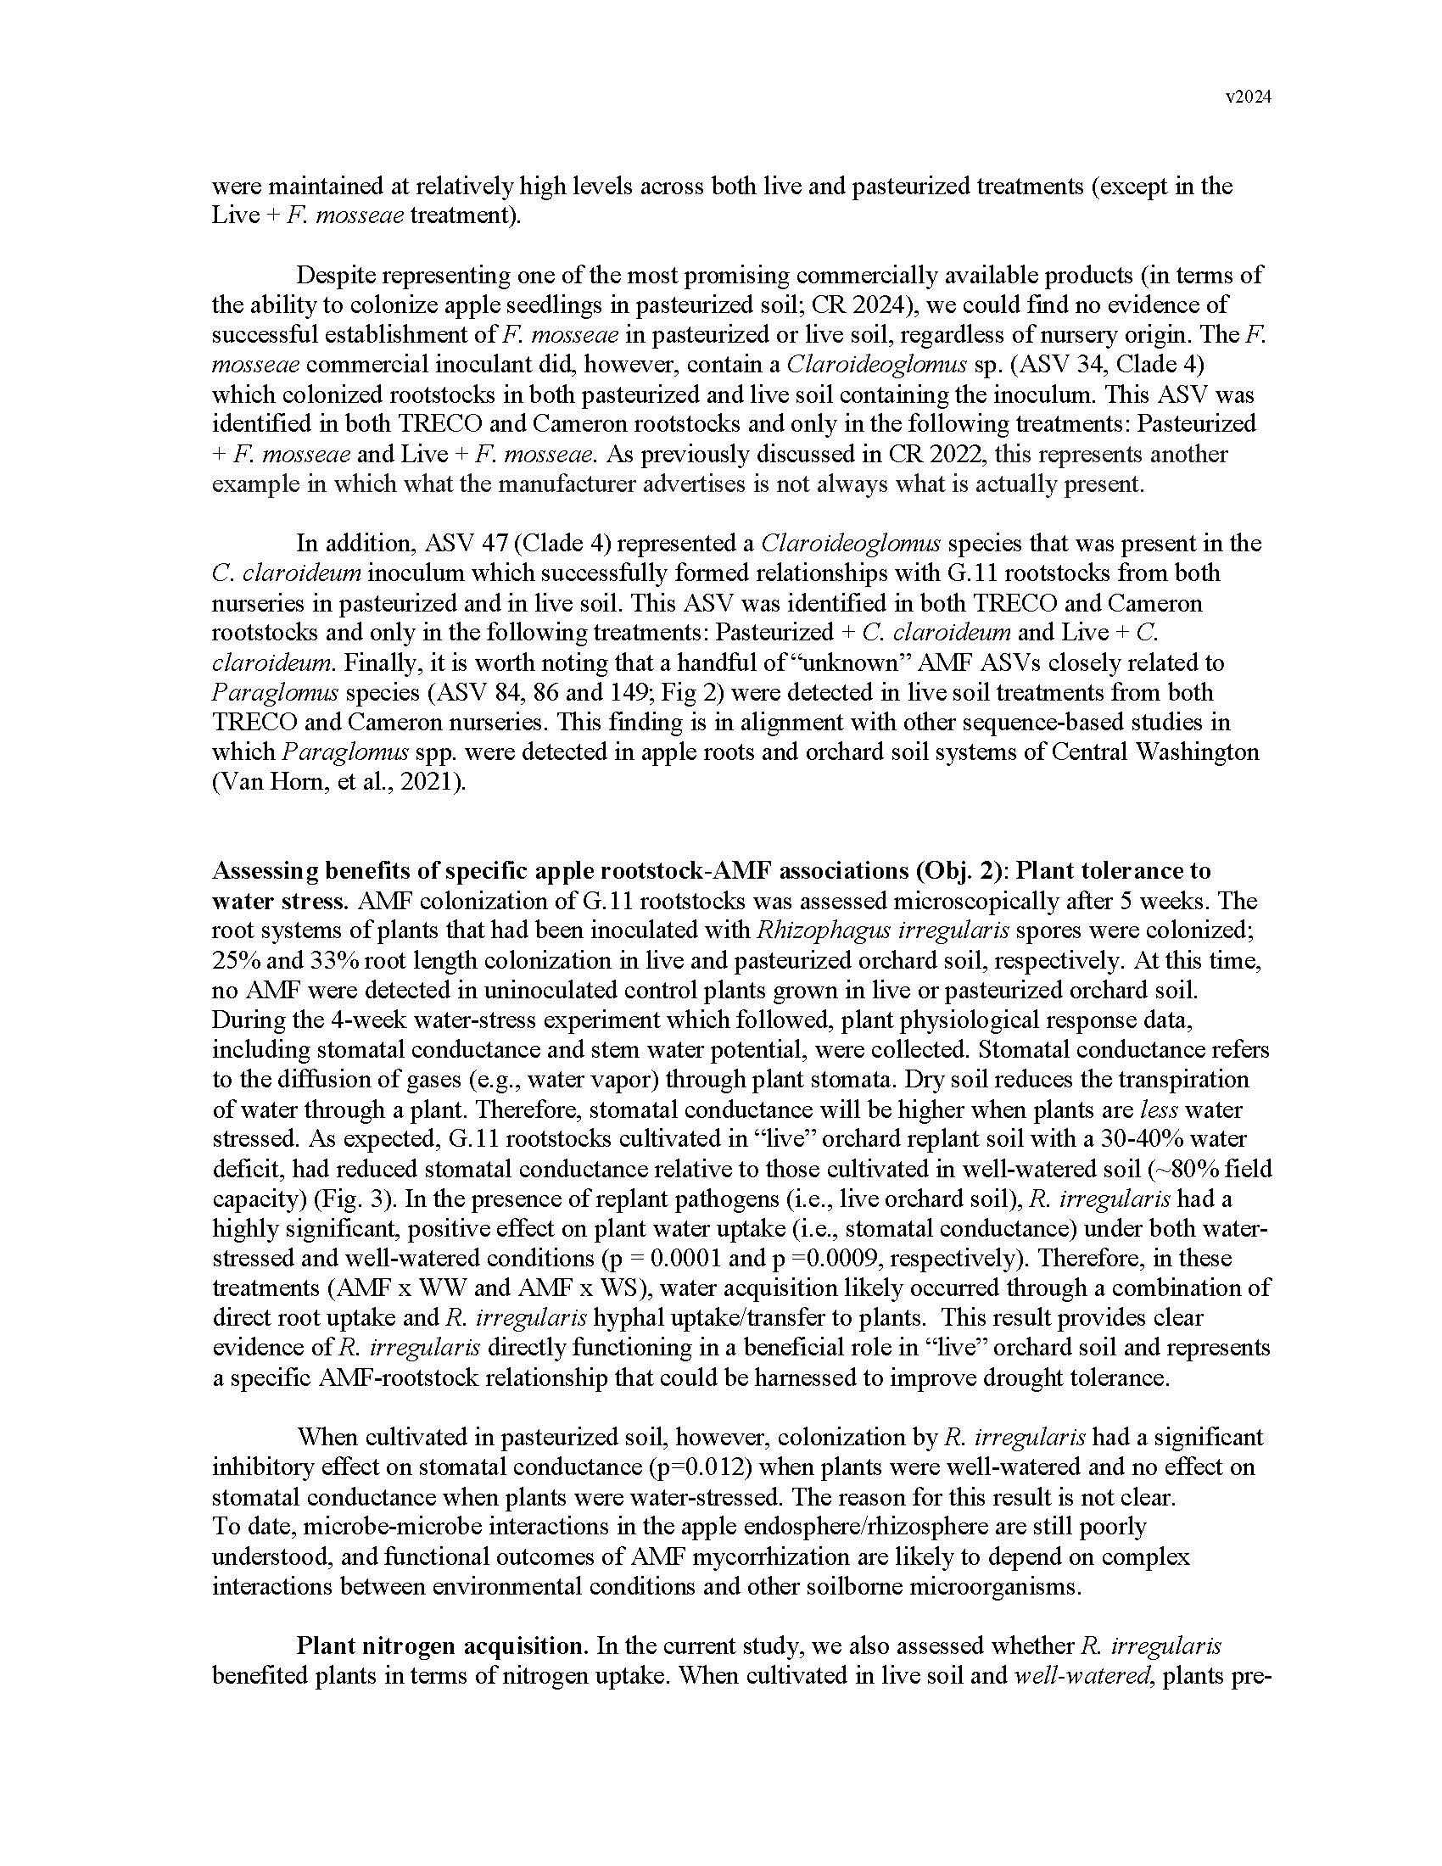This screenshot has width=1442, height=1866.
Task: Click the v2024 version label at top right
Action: pos(1248,98)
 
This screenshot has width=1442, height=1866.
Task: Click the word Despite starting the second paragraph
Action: pos(337,276)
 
